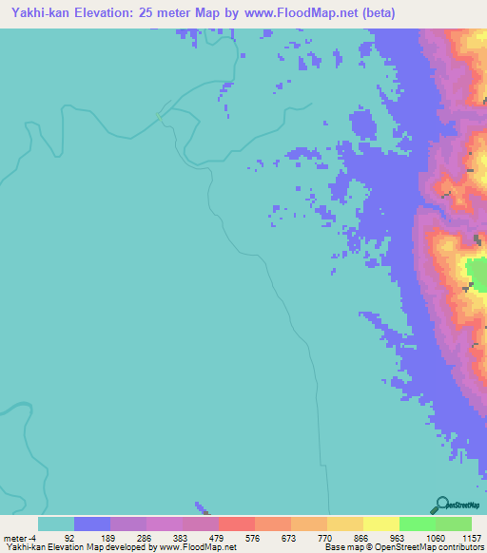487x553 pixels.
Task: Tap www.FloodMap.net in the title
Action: [285, 13]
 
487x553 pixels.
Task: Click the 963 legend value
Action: [399, 538]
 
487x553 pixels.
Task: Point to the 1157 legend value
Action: [471, 538]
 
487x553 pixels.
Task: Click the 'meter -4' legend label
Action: [21, 538]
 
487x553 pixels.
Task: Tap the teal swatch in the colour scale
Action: [56, 524]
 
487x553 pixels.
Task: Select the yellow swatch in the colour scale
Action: [381, 524]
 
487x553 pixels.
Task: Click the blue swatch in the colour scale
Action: [92, 524]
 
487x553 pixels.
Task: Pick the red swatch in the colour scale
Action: [237, 524]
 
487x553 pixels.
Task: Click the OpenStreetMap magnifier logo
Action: [440, 505]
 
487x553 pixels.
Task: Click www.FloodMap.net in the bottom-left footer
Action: [198, 548]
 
